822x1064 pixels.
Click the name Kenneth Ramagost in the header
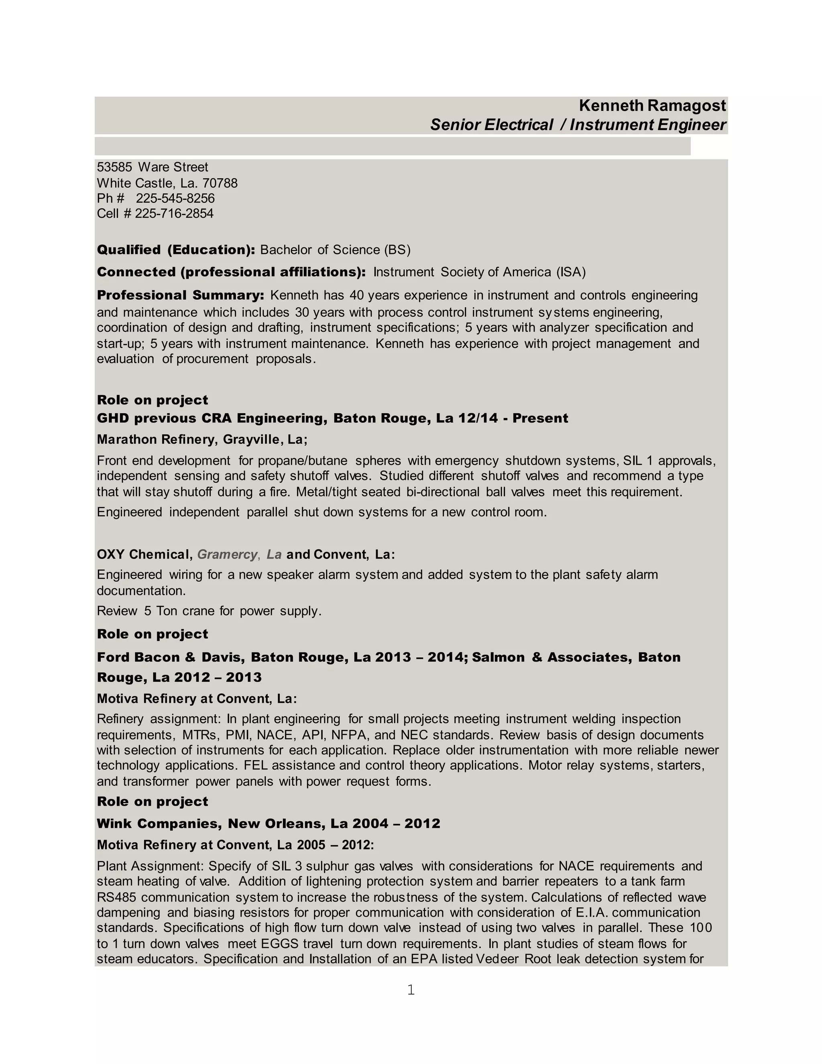pos(652,106)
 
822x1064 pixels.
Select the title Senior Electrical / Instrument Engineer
pos(578,125)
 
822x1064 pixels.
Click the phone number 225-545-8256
pos(175,198)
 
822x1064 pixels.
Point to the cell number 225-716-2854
pos(174,213)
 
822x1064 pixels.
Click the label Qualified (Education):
pos(176,250)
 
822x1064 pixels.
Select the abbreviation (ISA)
pos(571,272)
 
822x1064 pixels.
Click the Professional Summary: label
pos(181,295)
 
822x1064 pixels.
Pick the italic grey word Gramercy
pos(227,554)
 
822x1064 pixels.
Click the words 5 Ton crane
pos(178,611)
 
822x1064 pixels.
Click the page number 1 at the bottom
pos(411,989)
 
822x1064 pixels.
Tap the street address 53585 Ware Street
pos(153,167)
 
